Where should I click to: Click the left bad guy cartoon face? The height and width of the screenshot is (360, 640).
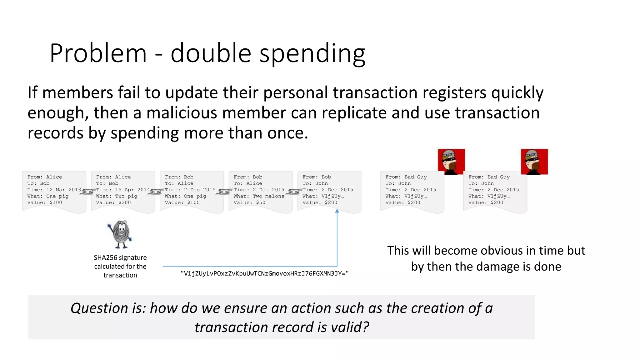coord(451,162)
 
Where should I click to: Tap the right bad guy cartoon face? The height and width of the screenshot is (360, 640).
coord(534,162)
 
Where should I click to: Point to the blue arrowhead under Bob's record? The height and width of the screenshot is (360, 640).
coord(337,211)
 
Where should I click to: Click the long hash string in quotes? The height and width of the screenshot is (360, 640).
coord(265,274)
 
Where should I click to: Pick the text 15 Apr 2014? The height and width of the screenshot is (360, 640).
coord(132,190)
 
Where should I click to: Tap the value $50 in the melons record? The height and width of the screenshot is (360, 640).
coord(261,202)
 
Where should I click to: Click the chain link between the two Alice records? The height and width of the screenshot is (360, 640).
coord(88,192)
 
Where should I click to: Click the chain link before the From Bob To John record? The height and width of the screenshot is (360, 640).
coord(294,192)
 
